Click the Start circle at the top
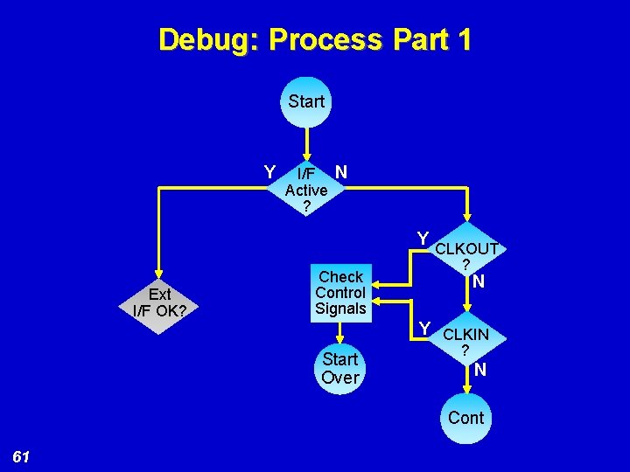[x=306, y=101]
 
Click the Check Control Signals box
[x=340, y=292]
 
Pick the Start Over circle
[x=340, y=368]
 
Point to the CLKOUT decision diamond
[x=466, y=255]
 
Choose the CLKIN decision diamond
[x=465, y=341]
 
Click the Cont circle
[x=465, y=417]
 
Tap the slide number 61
[x=22, y=456]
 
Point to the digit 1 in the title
[x=462, y=40]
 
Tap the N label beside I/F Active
[x=341, y=172]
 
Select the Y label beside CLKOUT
[x=423, y=239]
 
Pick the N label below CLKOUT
[x=479, y=281]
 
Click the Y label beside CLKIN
[x=425, y=328]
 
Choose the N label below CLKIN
[x=480, y=370]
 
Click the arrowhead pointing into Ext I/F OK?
[x=159, y=271]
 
